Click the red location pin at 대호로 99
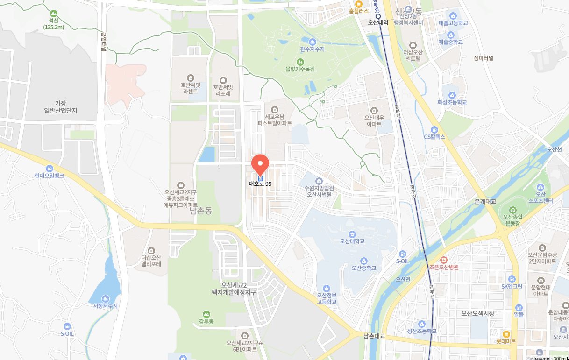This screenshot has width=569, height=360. [260, 165]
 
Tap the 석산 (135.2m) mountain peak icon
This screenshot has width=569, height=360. [54, 14]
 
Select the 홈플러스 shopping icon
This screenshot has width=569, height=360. [358, 3]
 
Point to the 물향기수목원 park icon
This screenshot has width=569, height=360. [300, 62]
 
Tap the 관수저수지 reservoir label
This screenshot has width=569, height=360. [312, 49]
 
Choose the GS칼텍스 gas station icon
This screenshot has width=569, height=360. [434, 130]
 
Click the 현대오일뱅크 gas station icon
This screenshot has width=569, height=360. [49, 169]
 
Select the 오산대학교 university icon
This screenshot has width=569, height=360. [352, 234]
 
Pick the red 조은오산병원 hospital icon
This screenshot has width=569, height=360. [443, 260]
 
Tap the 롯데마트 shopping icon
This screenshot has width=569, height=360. [505, 334]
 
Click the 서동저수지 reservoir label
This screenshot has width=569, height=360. [105, 306]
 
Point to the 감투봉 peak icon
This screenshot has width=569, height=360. [206, 314]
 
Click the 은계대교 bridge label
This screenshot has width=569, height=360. [484, 202]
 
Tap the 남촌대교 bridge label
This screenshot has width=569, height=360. [374, 336]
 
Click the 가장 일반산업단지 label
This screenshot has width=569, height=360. [60, 107]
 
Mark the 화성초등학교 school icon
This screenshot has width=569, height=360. [452, 95]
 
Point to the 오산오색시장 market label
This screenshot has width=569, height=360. [477, 313]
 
